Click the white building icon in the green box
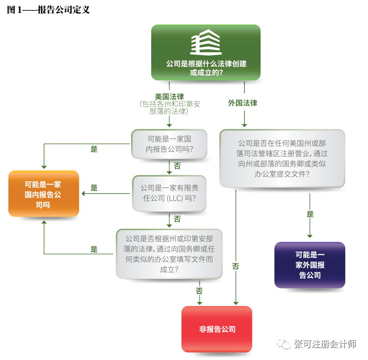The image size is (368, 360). point(206,42)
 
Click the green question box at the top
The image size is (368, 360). point(206,53)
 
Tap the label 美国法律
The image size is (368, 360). point(170,96)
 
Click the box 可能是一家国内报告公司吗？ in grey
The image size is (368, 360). point(170,144)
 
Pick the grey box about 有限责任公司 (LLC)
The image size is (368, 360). point(170,193)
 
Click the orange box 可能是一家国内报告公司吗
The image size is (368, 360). point(44,194)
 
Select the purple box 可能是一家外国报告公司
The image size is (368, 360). point(310,265)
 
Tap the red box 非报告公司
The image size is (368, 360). point(217,329)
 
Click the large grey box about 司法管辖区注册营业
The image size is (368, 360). point(282,158)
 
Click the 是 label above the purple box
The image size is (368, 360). point(310,215)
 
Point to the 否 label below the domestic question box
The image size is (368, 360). point(177,166)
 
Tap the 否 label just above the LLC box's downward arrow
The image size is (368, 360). point(177,219)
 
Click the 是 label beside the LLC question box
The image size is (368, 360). point(94,188)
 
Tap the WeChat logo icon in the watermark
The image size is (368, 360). point(283,344)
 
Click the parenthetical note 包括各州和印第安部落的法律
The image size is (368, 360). point(170,108)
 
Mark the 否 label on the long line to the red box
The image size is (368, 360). point(236,266)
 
